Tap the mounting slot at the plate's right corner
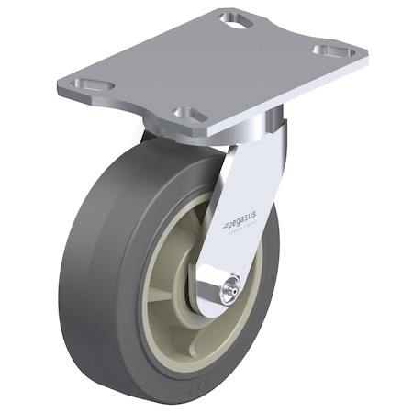pos(333,50)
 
